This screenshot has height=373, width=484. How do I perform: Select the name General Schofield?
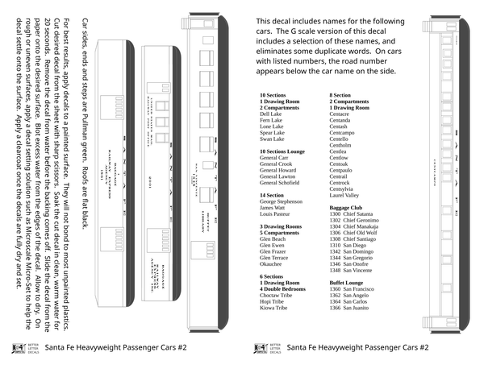(x=282, y=183)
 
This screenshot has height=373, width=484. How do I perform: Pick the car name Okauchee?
(x=272, y=263)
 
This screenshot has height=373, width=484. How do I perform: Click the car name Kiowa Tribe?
(x=273, y=309)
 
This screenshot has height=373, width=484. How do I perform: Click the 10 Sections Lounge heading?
(x=282, y=151)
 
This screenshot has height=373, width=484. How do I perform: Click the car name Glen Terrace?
(x=275, y=258)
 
